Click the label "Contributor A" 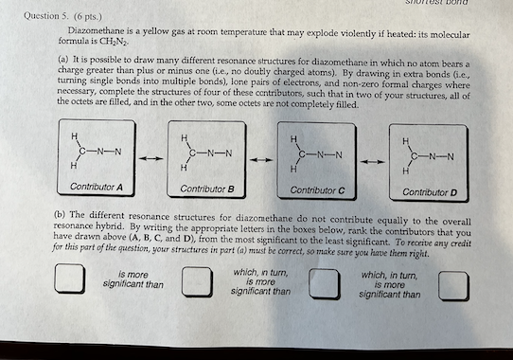click(x=96, y=187)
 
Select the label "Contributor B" click(x=205, y=189)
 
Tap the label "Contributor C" click(x=317, y=190)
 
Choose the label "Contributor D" click(x=428, y=192)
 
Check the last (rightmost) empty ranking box click(x=455, y=283)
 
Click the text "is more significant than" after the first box click(x=133, y=279)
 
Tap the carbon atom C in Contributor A click(x=85, y=150)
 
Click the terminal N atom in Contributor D click(x=451, y=156)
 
